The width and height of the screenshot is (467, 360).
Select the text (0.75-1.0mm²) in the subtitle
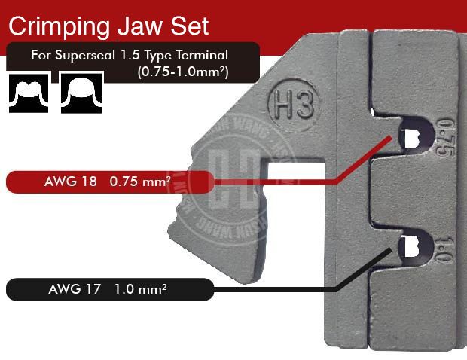tap(183, 72)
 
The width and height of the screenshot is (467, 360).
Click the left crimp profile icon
tap(29, 93)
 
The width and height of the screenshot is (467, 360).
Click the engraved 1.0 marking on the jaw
tap(444, 245)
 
